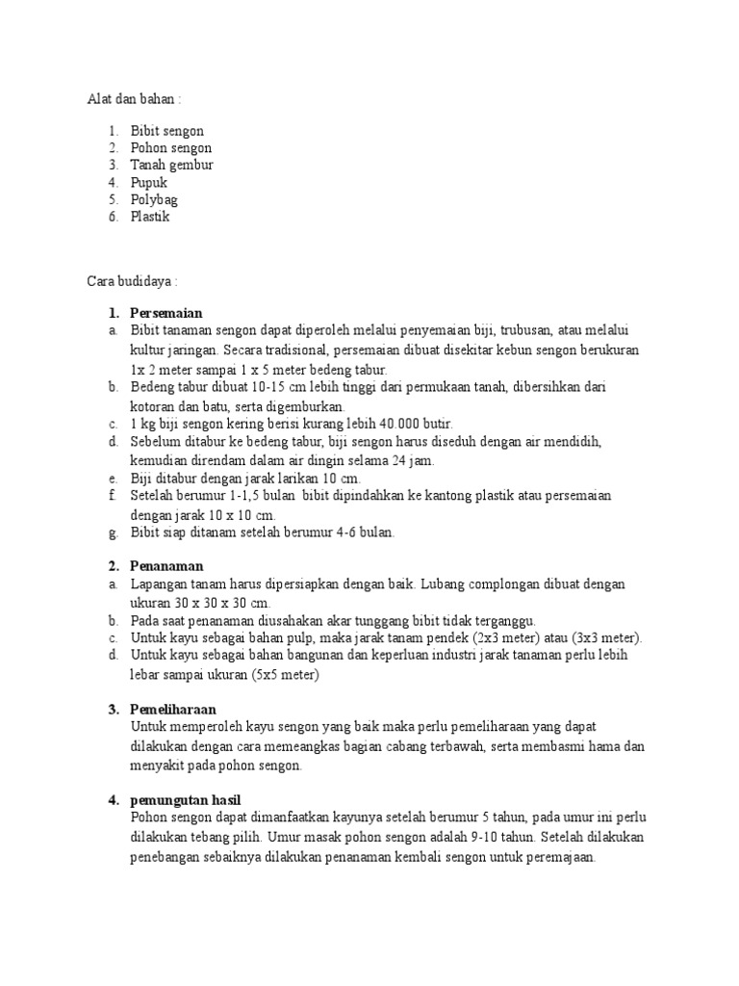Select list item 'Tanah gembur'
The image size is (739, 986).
tap(172, 166)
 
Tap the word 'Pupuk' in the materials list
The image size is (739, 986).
tap(149, 183)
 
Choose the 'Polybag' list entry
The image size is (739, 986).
tap(155, 200)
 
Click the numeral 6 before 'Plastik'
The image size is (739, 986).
tap(112, 218)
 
